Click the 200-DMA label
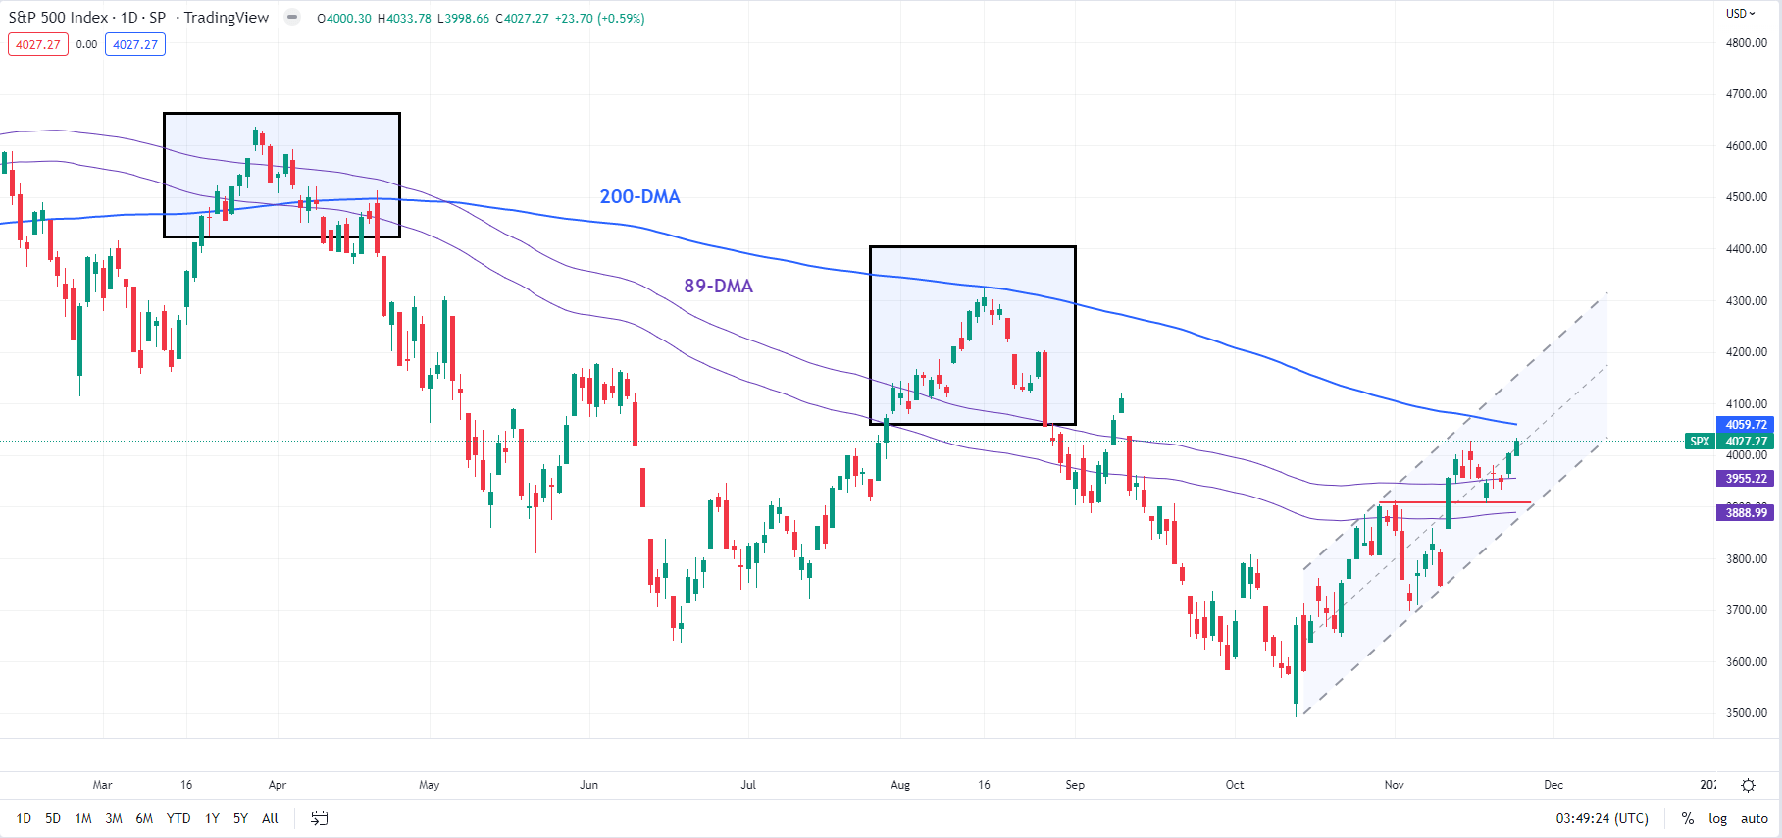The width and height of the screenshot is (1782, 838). pos(639,196)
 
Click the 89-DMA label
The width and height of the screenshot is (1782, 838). pos(718,286)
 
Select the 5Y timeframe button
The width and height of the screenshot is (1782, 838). pos(240,818)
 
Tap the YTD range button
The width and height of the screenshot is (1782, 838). pos(178,818)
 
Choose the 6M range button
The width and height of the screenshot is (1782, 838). pos(144,818)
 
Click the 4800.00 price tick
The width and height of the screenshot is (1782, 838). pos(1746,43)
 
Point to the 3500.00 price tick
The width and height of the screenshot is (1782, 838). pos(1746,713)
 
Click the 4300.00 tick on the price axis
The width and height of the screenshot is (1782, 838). pos(1746,301)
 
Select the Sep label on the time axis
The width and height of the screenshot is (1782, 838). pos(1075,785)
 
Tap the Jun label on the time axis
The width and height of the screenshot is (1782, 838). pos(588,785)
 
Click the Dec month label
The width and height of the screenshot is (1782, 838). pos(1553,785)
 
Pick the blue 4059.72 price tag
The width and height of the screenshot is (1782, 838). pos(1746,425)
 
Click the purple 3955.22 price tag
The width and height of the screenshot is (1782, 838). pos(1746,479)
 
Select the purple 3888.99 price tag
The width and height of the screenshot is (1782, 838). pos(1746,513)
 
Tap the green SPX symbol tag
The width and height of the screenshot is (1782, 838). pos(1700,442)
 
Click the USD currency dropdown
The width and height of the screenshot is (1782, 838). pos(1741,14)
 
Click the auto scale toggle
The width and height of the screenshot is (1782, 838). pos(1754,818)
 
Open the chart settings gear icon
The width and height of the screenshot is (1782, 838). pos(1748,785)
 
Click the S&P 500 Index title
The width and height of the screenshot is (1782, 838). pos(58,18)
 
